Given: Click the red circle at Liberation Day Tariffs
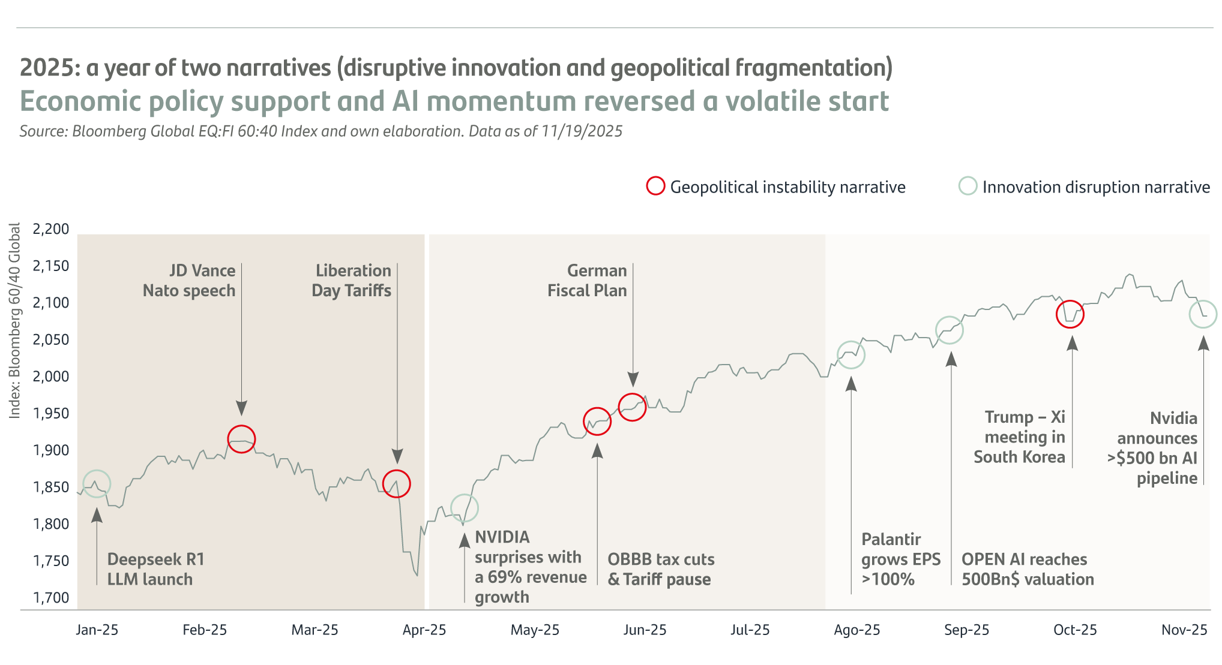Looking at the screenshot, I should point(396,484).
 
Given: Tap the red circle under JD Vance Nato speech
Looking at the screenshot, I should point(241,439).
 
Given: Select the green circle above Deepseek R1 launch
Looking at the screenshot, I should point(97,484).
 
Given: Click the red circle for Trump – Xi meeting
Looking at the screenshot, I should point(1070,314).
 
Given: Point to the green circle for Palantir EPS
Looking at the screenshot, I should point(850,355).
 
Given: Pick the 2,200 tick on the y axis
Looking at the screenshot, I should point(51,229).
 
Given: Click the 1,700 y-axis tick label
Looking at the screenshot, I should point(51,597).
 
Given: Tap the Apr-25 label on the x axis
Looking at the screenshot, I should point(424,630).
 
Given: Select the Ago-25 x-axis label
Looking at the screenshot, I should point(856,630).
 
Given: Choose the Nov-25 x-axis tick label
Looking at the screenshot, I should point(1184,630).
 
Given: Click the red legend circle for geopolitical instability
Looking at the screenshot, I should point(655,186).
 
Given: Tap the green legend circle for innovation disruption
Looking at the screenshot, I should point(968,186).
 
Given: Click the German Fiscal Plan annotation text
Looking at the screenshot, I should point(587,281).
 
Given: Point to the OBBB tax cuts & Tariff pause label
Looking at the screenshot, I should point(660,569).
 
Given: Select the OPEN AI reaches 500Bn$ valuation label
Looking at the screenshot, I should point(1028,569).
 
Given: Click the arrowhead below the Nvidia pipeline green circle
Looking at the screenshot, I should point(1203,343).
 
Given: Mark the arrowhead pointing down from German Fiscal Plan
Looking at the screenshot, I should point(633,379).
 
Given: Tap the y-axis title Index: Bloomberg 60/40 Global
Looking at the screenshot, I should point(15,321).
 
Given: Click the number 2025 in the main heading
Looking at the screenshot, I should point(46,68).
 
